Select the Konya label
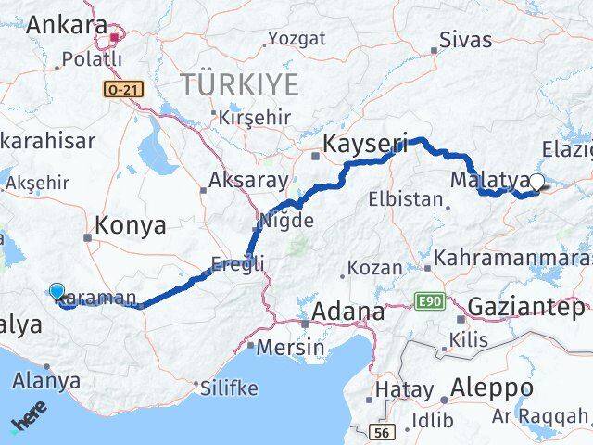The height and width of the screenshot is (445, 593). [x=131, y=224]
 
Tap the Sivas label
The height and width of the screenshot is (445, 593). [x=465, y=40]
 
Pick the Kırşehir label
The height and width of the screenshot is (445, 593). [x=253, y=118]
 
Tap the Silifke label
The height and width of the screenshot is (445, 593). [x=228, y=388]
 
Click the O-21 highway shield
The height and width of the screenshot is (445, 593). [x=120, y=88]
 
